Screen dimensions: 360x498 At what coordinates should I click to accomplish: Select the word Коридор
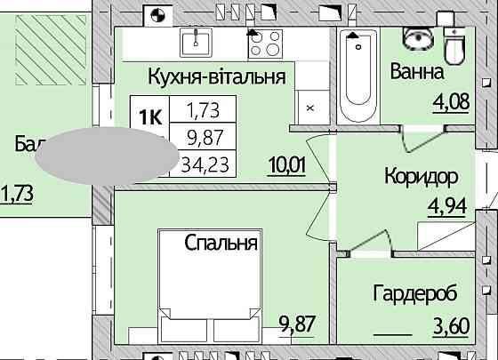421,175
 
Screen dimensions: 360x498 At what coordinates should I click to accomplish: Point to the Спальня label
221,242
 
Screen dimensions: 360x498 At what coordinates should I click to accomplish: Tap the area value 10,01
286,164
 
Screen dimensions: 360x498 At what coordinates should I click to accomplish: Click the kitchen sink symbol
196,41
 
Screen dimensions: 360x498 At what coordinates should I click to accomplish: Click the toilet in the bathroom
455,46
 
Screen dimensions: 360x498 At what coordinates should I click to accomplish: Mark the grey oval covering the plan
107,155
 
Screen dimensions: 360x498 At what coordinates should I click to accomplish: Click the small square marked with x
309,107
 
